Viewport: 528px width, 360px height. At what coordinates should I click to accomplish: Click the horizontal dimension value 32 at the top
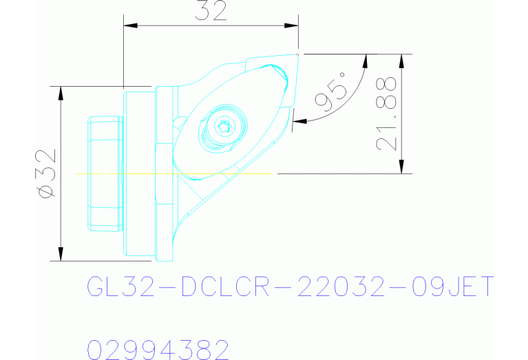pyautogui.click(x=211, y=12)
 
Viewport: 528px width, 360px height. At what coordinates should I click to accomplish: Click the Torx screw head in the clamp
pyautogui.click(x=222, y=126)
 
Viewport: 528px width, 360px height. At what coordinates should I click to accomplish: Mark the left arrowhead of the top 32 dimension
pyautogui.click(x=129, y=25)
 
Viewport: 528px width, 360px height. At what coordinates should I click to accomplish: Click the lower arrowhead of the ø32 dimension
pyautogui.click(x=61, y=255)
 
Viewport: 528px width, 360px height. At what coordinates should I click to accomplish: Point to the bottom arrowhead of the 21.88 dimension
pyautogui.click(x=401, y=168)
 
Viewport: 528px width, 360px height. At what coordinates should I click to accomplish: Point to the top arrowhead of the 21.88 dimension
pyautogui.click(x=401, y=60)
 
